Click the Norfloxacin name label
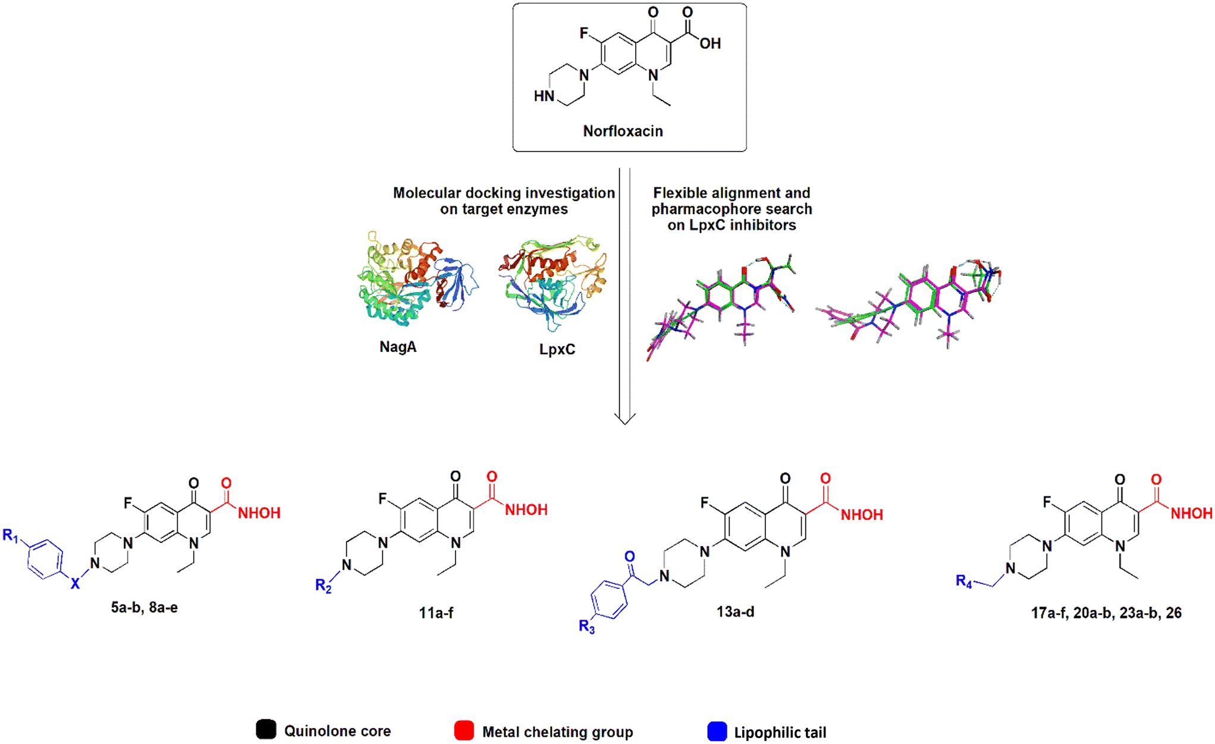click(x=623, y=131)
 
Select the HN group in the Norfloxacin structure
click(x=544, y=96)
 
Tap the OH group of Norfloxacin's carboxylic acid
click(x=710, y=43)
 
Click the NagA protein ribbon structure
click(x=416, y=280)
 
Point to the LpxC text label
click(x=557, y=349)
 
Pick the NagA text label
click(x=398, y=347)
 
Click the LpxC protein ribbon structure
click(x=553, y=282)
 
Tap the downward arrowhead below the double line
click(x=624, y=419)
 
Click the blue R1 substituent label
click(x=11, y=535)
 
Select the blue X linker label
click(x=75, y=584)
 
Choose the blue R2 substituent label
click(x=323, y=586)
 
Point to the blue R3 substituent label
click(x=586, y=627)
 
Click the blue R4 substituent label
click(x=963, y=581)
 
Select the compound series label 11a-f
click(x=435, y=613)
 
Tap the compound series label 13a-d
click(x=735, y=612)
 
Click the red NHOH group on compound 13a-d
click(x=861, y=515)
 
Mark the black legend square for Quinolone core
click(x=266, y=730)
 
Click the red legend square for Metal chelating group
click(x=464, y=731)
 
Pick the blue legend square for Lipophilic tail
click(x=717, y=732)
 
